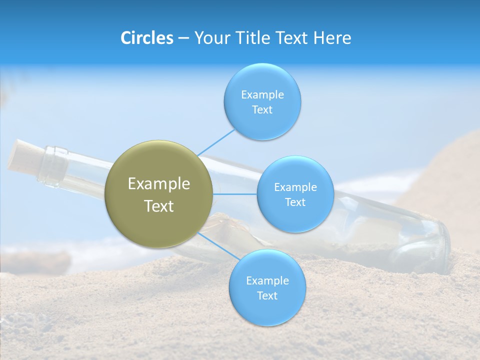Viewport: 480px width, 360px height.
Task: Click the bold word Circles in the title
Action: click(146, 38)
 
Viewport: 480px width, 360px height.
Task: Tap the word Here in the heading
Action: click(332, 38)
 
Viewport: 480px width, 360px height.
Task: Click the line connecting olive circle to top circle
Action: click(216, 142)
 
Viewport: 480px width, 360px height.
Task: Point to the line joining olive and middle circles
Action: click(234, 194)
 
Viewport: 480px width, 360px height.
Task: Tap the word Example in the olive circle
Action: click(158, 184)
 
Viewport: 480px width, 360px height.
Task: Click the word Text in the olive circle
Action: click(158, 206)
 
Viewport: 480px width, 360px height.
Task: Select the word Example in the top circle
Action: click(262, 94)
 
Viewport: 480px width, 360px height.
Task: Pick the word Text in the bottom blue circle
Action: click(267, 296)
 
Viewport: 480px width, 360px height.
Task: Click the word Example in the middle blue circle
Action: click(295, 187)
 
